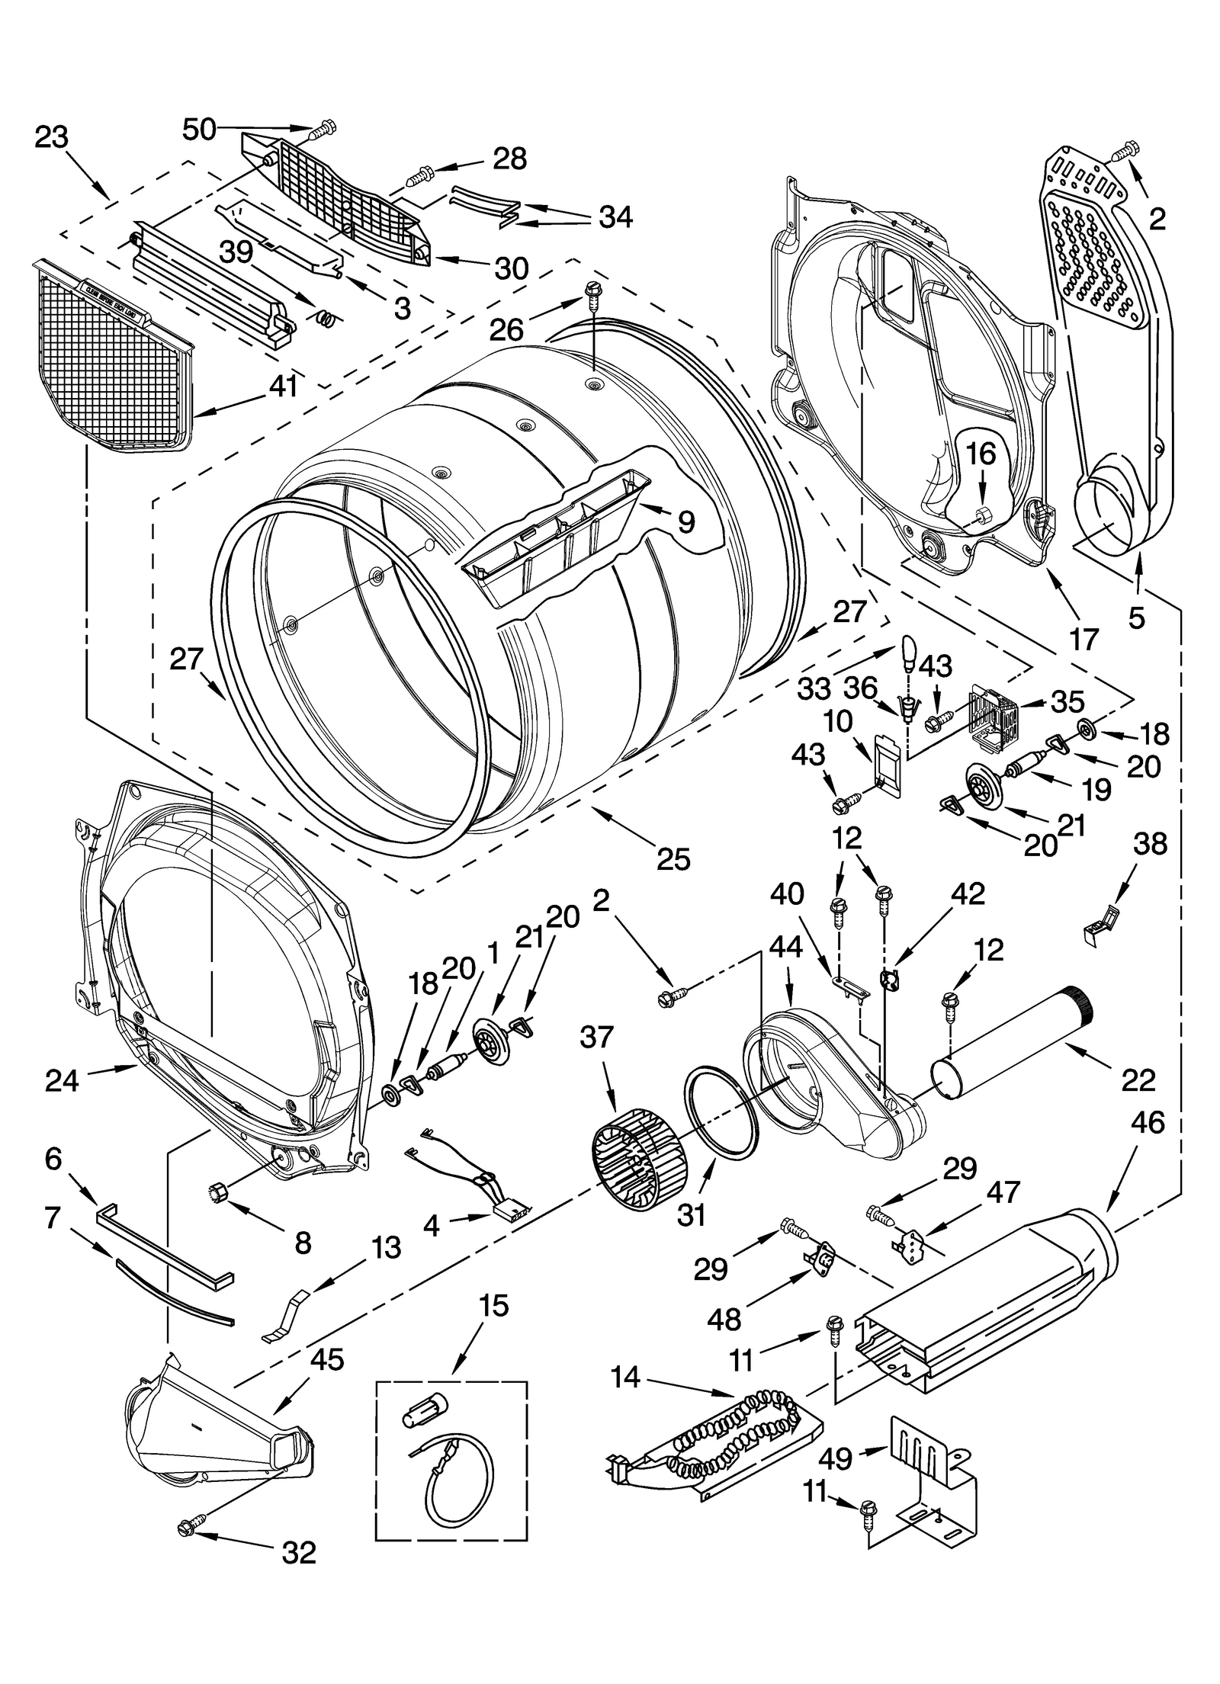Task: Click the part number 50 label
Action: pyautogui.click(x=199, y=130)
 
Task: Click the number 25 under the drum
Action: pyautogui.click(x=673, y=858)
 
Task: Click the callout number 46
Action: pyautogui.click(x=1148, y=1121)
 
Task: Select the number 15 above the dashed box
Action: pyautogui.click(x=493, y=1305)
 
